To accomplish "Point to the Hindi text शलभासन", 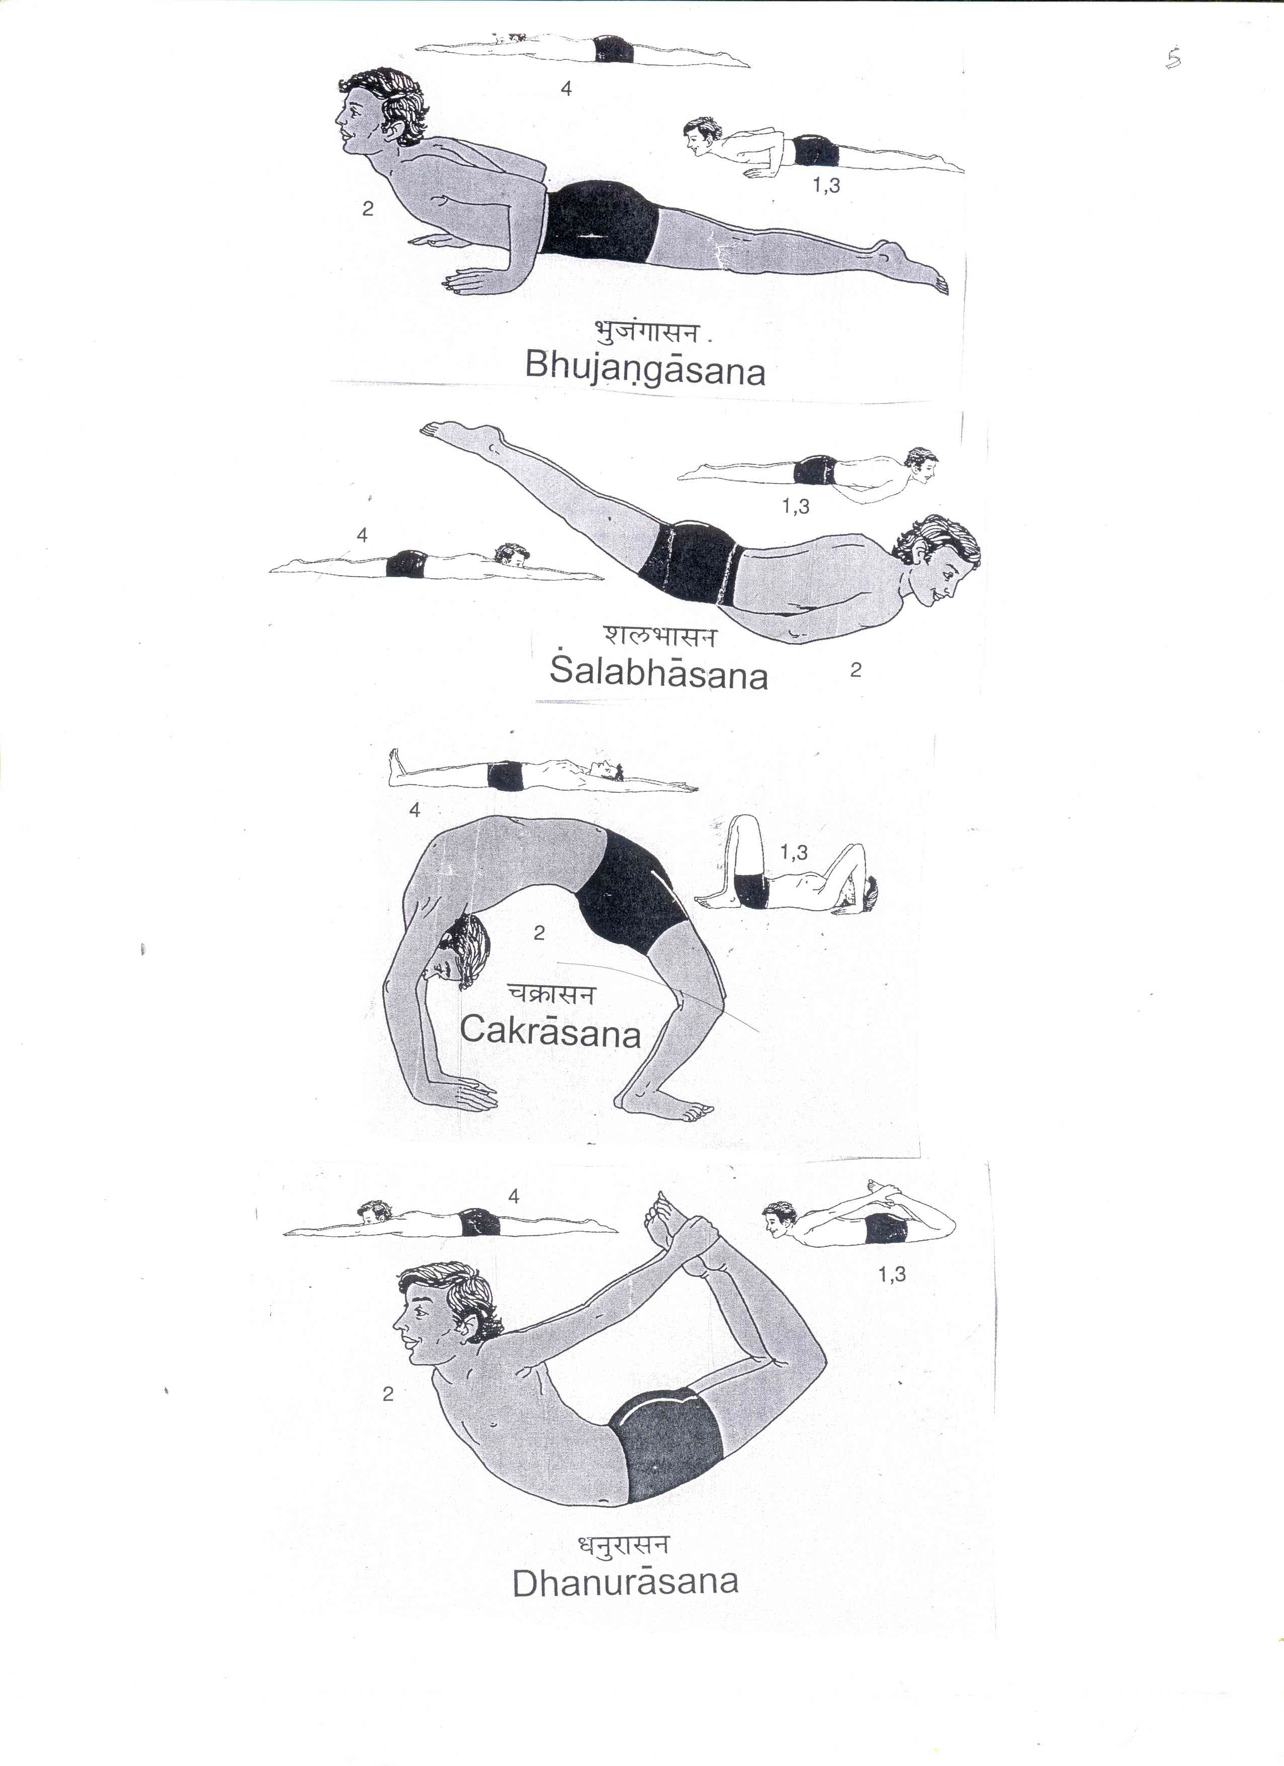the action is [658, 636].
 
